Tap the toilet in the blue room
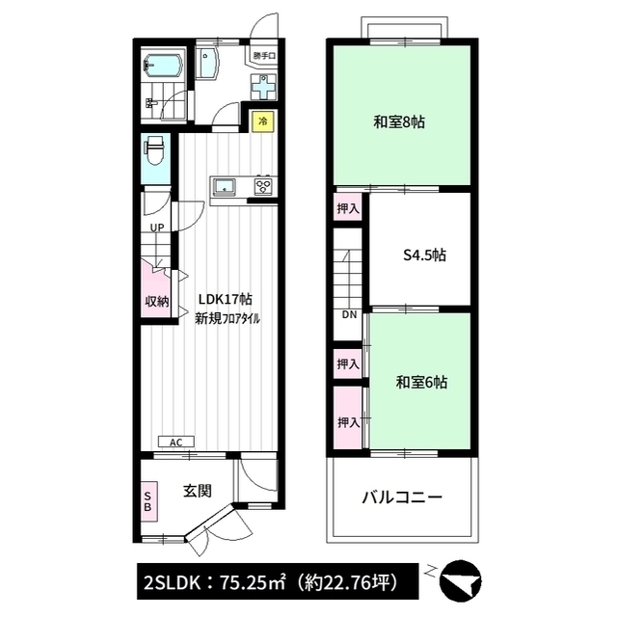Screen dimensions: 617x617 click(x=154, y=150)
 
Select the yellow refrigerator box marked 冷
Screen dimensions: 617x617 click(x=263, y=121)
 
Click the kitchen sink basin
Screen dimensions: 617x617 click(x=225, y=186)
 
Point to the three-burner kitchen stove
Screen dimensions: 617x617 click(x=263, y=185)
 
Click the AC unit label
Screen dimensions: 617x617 click(x=175, y=442)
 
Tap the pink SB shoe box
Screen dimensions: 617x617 click(x=148, y=501)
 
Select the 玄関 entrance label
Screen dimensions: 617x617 click(x=198, y=491)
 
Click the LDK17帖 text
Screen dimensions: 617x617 click(x=225, y=300)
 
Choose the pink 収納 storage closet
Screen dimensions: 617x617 click(x=156, y=290)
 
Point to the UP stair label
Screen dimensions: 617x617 click(x=157, y=228)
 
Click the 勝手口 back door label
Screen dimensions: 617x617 click(x=264, y=56)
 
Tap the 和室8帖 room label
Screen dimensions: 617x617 click(x=399, y=122)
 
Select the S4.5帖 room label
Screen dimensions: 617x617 click(x=424, y=255)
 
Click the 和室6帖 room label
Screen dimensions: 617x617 click(x=421, y=382)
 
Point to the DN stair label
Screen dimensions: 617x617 click(x=349, y=314)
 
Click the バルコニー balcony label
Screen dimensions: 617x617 click(x=402, y=497)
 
